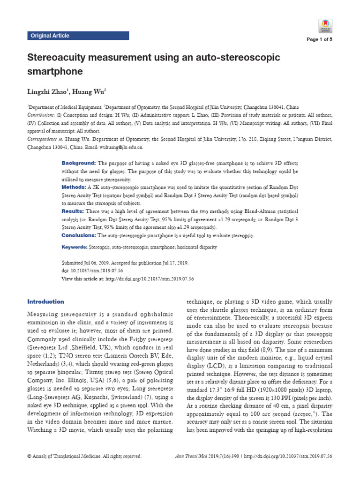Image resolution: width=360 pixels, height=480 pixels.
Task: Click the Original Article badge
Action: coord(50,36)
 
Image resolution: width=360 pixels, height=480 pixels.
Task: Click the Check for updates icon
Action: coord(326,26)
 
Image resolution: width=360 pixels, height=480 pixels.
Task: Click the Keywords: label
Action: coord(75,247)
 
